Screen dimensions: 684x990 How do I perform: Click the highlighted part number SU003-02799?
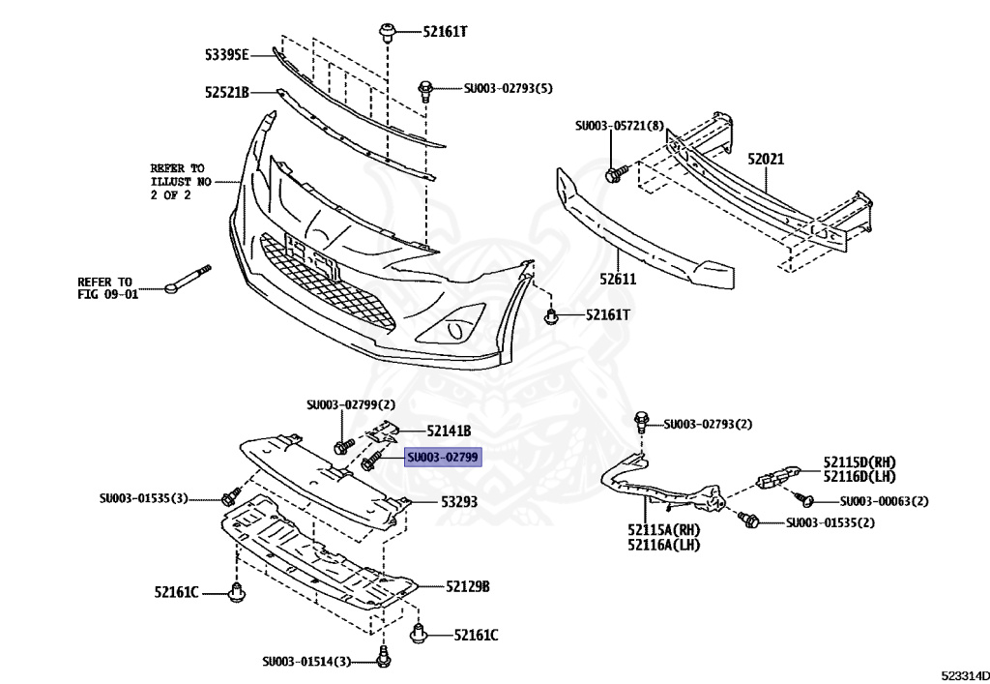click(443, 457)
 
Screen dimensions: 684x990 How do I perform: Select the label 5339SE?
click(226, 53)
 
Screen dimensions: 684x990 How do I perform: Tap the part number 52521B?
click(226, 93)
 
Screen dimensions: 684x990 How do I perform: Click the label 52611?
click(617, 280)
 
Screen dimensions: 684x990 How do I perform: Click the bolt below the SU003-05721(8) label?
click(613, 174)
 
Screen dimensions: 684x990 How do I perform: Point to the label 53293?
click(460, 502)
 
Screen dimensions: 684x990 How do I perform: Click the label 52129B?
click(468, 586)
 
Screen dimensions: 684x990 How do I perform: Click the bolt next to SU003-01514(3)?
click(383, 659)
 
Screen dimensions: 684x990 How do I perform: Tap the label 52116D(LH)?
click(859, 476)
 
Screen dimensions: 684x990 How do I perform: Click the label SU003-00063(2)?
click(884, 501)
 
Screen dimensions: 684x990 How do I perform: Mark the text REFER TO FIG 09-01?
click(108, 287)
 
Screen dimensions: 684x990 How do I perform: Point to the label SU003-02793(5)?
click(508, 88)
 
